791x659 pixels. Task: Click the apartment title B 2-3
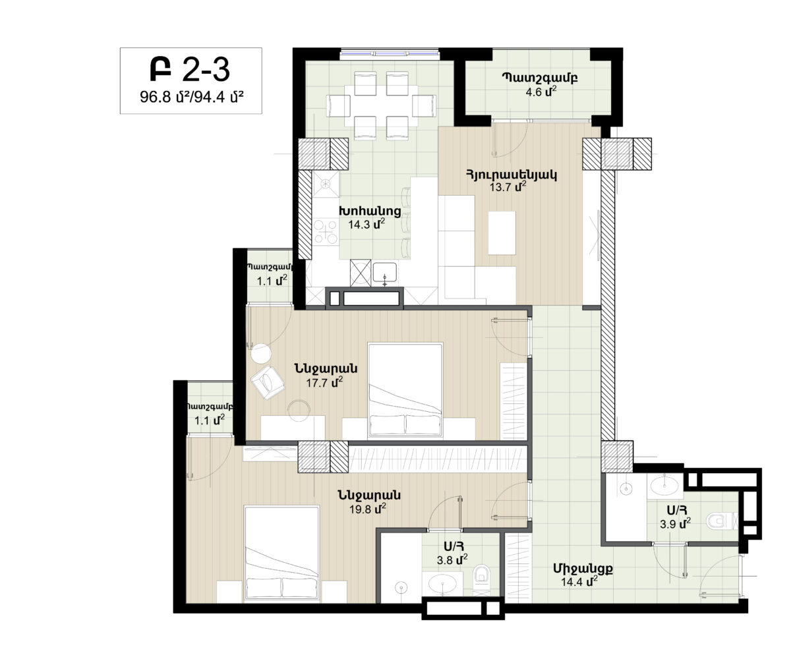pyautogui.click(x=190, y=70)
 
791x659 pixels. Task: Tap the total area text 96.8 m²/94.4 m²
pyautogui.click(x=191, y=98)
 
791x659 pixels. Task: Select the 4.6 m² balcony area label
pyautogui.click(x=541, y=92)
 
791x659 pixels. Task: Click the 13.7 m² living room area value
pyautogui.click(x=508, y=186)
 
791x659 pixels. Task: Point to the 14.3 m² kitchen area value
pyautogui.click(x=366, y=224)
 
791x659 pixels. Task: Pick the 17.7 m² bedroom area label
pyautogui.click(x=324, y=382)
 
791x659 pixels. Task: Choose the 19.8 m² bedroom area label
pyautogui.click(x=367, y=509)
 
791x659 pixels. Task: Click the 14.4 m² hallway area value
pyautogui.click(x=579, y=581)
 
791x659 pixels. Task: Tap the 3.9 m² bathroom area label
pyautogui.click(x=675, y=524)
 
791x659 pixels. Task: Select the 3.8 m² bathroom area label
pyautogui.click(x=452, y=559)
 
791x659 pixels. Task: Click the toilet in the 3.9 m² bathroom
pyautogui.click(x=722, y=521)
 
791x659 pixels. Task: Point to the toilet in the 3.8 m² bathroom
pyautogui.click(x=481, y=579)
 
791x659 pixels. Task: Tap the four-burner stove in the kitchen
pyautogui.click(x=326, y=231)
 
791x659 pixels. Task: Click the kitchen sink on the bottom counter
pyautogui.click(x=384, y=273)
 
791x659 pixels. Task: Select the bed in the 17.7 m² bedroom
pyautogui.click(x=405, y=390)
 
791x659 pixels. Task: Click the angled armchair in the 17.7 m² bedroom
pyautogui.click(x=268, y=382)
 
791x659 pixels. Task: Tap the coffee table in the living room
pyautogui.click(x=502, y=233)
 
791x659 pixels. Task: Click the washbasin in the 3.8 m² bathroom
pyautogui.click(x=442, y=584)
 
